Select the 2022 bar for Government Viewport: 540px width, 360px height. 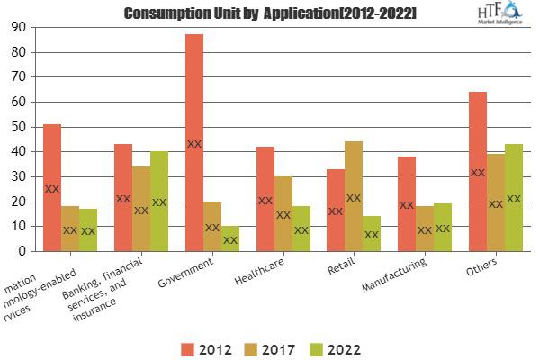click(x=230, y=238)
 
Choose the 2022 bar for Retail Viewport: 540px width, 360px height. click(x=371, y=233)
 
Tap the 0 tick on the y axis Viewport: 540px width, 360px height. click(x=20, y=251)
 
